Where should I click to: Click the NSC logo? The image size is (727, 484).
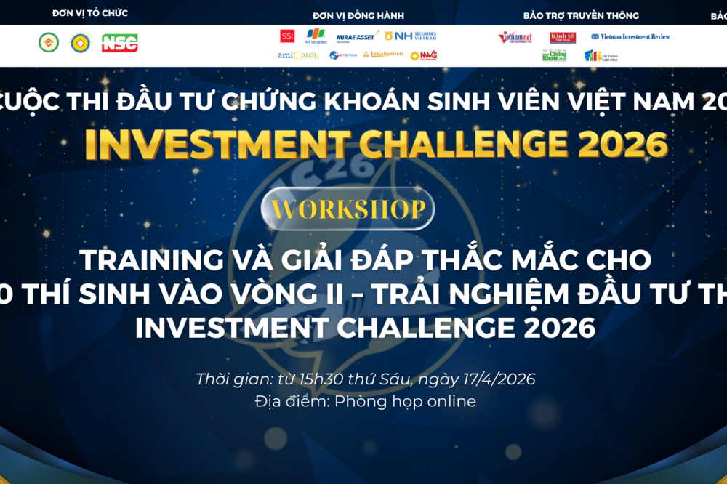click(119, 44)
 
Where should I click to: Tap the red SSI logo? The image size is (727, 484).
click(287, 36)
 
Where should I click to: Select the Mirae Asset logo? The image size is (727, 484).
click(356, 37)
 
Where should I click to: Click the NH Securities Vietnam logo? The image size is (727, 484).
click(411, 36)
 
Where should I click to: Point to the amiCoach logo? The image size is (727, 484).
click(297, 55)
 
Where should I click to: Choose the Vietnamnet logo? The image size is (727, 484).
click(515, 37)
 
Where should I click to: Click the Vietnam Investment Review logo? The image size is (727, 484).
click(630, 36)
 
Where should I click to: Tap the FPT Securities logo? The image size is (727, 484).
click(313, 37)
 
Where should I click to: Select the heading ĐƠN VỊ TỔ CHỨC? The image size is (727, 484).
click(90, 14)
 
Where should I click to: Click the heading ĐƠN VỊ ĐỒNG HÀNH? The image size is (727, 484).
click(358, 15)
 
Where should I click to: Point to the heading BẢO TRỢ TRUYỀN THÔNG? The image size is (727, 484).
click(581, 15)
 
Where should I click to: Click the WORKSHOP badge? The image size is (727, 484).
click(348, 209)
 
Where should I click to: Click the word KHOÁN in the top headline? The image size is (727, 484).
click(362, 102)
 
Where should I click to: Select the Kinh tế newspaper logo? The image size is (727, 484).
click(563, 37)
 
